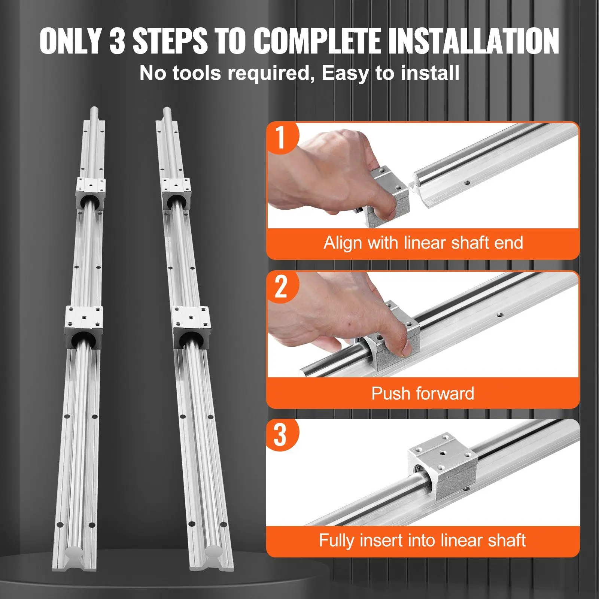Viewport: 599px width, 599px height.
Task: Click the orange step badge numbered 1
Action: click(x=281, y=137)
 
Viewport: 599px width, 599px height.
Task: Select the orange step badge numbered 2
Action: click(x=281, y=286)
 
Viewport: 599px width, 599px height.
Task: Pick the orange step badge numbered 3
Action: click(x=281, y=434)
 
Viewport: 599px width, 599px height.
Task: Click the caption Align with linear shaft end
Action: click(x=423, y=243)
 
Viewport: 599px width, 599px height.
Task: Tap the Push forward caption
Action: click(x=423, y=393)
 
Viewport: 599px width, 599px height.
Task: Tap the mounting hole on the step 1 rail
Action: click(x=467, y=183)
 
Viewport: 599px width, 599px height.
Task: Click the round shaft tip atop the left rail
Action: click(x=94, y=112)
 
